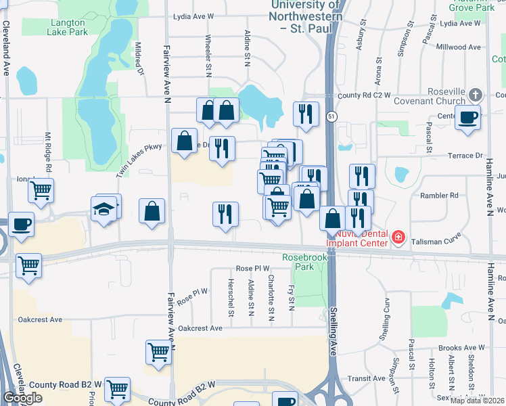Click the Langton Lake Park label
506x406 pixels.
point(69,26)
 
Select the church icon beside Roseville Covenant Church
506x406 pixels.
point(476,94)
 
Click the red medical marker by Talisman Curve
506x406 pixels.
point(399,237)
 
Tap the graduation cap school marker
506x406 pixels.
point(105,208)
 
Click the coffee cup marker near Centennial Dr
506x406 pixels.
point(468,116)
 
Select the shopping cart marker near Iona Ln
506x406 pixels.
point(41,190)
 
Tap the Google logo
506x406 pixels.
point(22,399)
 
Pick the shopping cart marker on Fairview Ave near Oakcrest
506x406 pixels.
point(158,351)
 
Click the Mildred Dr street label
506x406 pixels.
point(140,59)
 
